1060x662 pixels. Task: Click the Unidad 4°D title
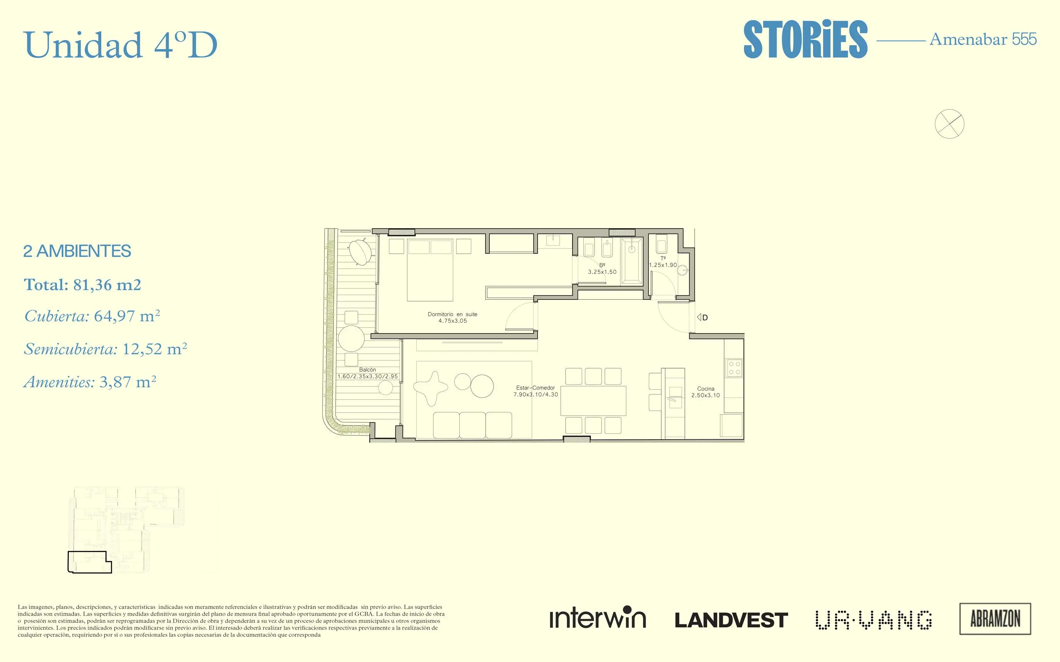pyautogui.click(x=121, y=45)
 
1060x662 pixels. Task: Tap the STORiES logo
pyautogui.click(x=805, y=39)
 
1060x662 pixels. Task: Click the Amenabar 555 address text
pyautogui.click(x=983, y=39)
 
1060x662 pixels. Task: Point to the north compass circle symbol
pyautogui.click(x=949, y=124)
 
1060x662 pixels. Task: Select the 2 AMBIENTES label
pyautogui.click(x=77, y=251)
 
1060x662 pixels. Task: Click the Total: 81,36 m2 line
pyautogui.click(x=82, y=285)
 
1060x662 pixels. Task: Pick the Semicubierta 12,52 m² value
pyautogui.click(x=105, y=349)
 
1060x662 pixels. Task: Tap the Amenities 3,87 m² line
pyautogui.click(x=90, y=382)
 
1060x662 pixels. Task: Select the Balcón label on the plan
pyautogui.click(x=367, y=370)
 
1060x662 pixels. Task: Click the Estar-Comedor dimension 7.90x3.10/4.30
pyautogui.click(x=536, y=395)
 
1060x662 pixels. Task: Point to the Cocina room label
pyautogui.click(x=705, y=389)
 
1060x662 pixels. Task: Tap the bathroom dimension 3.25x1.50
pyautogui.click(x=602, y=272)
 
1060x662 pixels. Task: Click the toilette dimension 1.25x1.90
pyautogui.click(x=663, y=265)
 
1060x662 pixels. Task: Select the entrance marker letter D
pyautogui.click(x=705, y=318)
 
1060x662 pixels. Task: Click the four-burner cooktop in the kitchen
pyautogui.click(x=734, y=368)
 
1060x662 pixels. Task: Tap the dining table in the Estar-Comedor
pyautogui.click(x=593, y=400)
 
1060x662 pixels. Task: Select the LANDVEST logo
pyautogui.click(x=731, y=620)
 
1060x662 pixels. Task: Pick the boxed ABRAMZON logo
pyautogui.click(x=995, y=619)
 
